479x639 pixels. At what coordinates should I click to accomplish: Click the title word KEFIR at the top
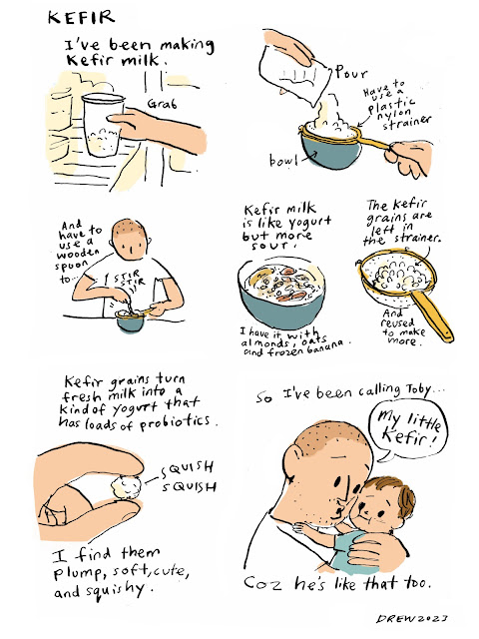(82, 18)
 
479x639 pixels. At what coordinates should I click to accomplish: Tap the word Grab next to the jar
(162, 104)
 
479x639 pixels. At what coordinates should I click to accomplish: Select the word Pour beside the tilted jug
(351, 73)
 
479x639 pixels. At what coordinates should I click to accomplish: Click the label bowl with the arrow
(283, 161)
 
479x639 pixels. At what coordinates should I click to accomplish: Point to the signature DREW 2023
(411, 619)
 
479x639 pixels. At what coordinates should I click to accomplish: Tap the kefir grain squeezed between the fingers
(127, 486)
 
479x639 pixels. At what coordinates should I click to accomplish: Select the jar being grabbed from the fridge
(104, 124)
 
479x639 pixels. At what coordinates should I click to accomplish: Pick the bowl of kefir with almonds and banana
(281, 292)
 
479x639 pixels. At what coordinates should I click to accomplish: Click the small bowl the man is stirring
(131, 321)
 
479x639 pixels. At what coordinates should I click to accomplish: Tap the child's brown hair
(397, 492)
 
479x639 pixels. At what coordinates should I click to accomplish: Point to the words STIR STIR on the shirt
(129, 280)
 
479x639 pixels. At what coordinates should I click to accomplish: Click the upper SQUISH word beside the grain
(187, 468)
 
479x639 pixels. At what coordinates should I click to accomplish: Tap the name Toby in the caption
(417, 389)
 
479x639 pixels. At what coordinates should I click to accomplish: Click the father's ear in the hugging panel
(294, 460)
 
